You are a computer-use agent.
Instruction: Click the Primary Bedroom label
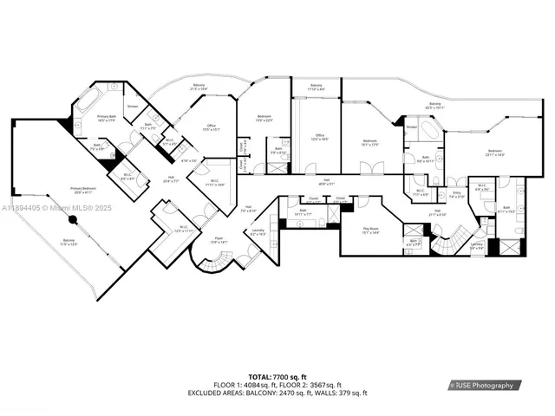[83, 190]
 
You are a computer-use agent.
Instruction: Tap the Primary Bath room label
[107, 118]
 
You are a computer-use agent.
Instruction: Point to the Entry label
[456, 196]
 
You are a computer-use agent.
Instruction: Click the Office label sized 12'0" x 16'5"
[319, 138]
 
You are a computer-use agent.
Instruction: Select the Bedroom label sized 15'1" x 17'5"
[370, 143]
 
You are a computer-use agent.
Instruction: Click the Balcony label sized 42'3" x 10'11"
[435, 106]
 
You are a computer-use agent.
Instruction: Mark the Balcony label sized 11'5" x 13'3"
[68, 243]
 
